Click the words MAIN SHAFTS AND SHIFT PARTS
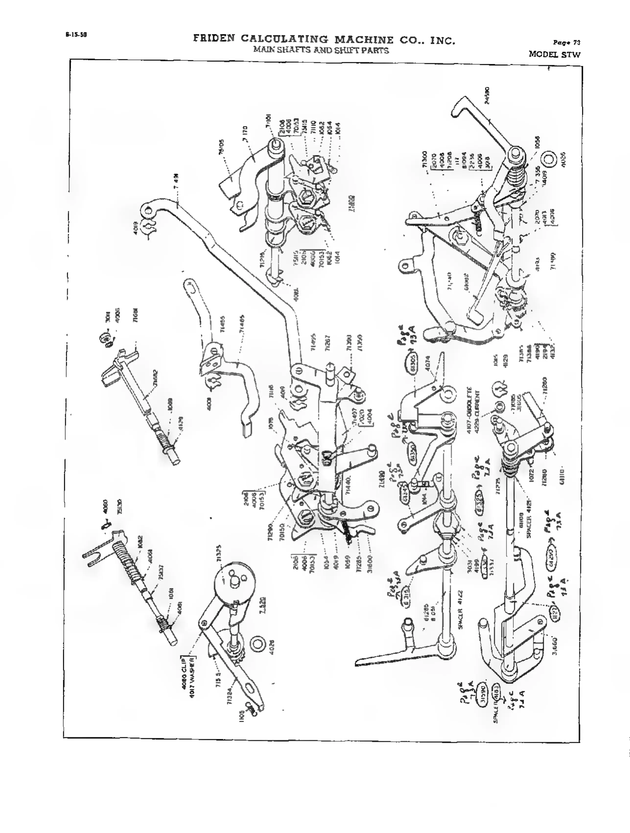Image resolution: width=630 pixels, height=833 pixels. (321, 50)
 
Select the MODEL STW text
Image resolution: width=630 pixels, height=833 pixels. (554, 54)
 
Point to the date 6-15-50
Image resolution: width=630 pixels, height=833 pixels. (76, 35)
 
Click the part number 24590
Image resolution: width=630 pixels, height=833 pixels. (487, 96)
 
